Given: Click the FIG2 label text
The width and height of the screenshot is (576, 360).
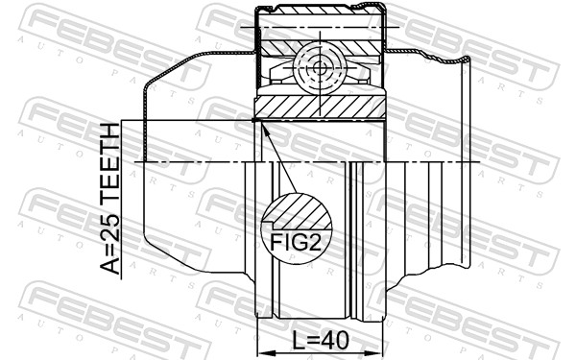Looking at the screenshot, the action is pos(296,242).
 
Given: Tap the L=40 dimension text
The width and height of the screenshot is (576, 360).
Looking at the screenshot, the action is pos(320,340).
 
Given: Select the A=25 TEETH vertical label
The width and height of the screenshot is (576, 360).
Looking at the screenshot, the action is pos(110,199).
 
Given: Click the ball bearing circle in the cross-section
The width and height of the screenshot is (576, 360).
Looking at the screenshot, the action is pos(320,67).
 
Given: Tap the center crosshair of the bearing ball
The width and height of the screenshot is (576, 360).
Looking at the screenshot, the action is pos(320,67).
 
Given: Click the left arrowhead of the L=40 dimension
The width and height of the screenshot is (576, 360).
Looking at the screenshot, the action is pos(261,352).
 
